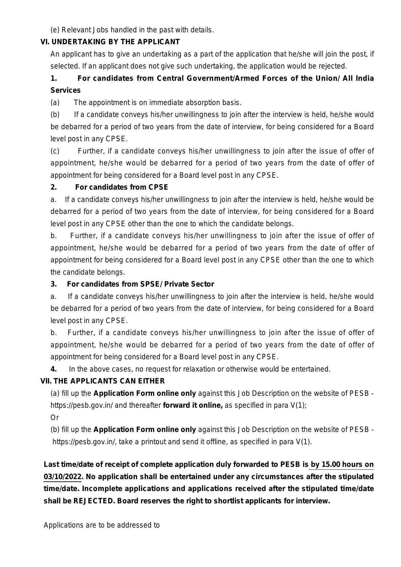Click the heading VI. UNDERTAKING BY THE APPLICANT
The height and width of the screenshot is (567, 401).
110,42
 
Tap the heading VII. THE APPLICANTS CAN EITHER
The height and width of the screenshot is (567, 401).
102,381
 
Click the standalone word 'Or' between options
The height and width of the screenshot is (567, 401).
55,417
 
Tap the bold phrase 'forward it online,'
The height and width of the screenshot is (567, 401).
193,405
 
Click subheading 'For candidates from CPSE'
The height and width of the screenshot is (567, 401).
122,187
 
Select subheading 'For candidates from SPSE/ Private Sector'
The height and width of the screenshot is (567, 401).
140,284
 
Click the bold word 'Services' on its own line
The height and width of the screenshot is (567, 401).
65,90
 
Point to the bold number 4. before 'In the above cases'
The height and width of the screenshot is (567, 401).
54,369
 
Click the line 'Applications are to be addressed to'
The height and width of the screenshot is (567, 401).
102,525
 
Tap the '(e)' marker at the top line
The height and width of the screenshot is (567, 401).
55,30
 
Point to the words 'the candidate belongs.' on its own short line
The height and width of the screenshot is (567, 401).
88,272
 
